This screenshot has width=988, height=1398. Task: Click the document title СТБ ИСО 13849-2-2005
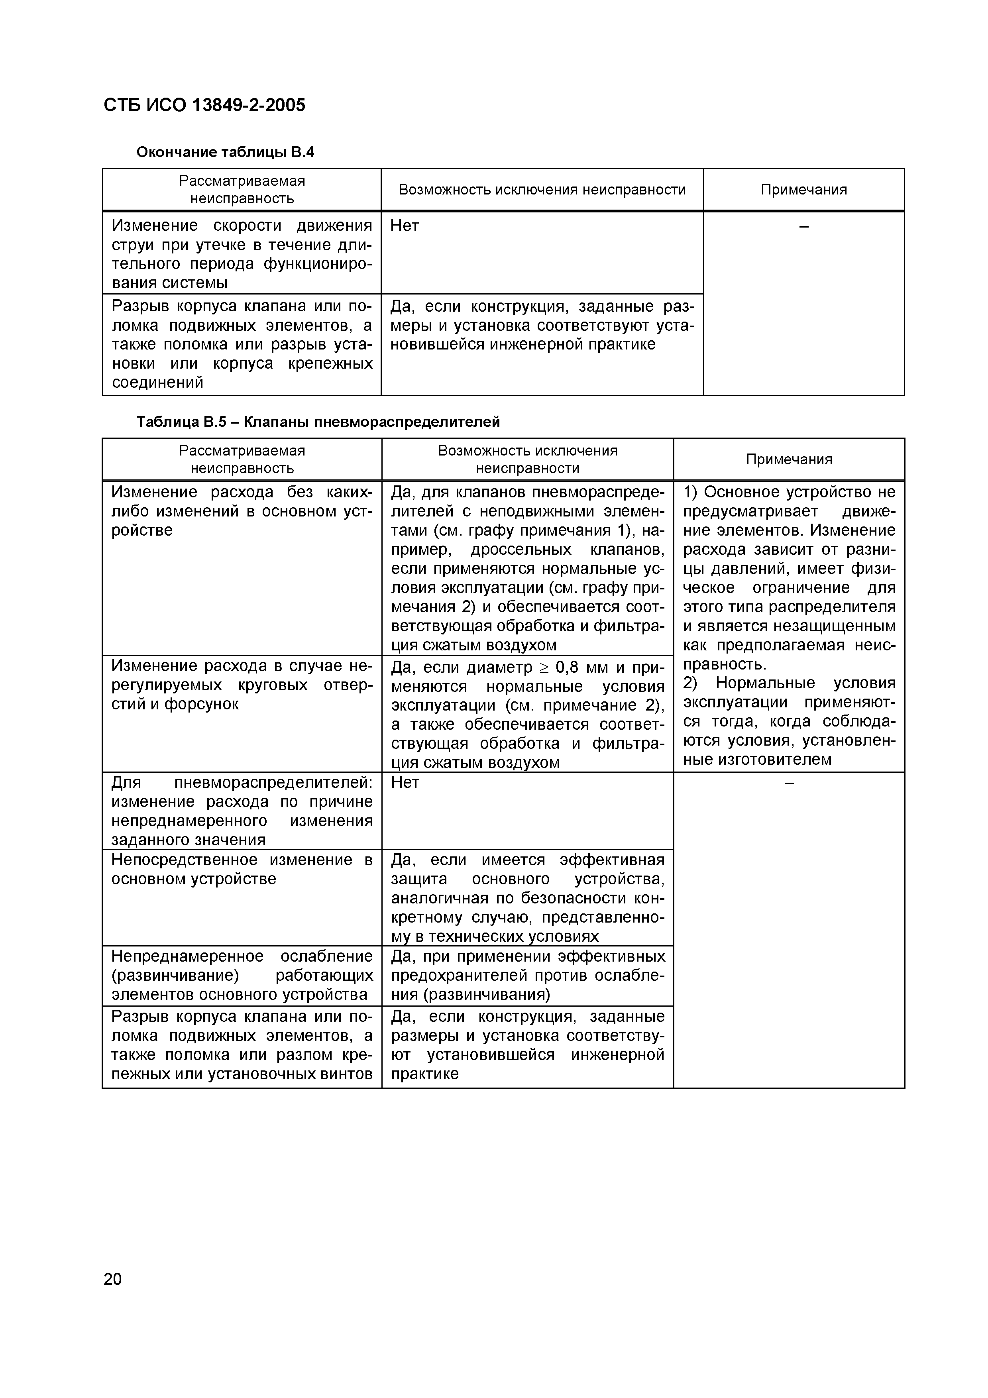(204, 105)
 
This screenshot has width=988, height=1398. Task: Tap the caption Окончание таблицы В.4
(225, 151)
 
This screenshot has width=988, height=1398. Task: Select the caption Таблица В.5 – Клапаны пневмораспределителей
(317, 421)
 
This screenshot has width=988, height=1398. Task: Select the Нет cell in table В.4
(404, 226)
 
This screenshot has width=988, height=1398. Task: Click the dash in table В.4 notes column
(803, 226)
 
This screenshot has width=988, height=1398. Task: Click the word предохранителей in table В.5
(460, 976)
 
